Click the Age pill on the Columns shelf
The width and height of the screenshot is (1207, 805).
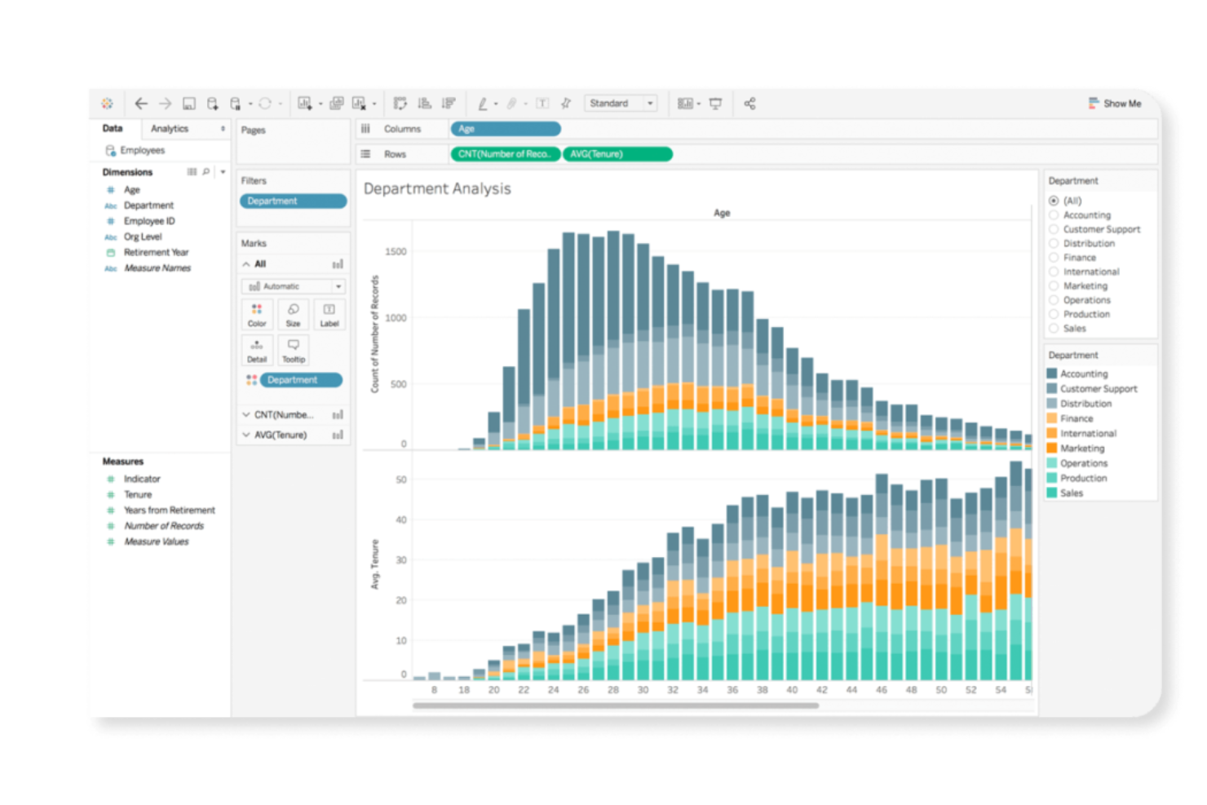[505, 129]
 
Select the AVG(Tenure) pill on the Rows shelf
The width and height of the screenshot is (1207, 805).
[617, 154]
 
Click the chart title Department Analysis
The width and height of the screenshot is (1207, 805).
[437, 189]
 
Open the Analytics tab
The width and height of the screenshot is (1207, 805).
[170, 129]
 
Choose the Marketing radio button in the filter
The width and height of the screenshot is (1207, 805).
[1054, 286]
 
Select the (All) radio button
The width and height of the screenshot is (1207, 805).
[1054, 201]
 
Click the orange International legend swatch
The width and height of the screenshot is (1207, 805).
[1052, 434]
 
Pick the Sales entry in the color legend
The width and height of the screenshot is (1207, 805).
[1071, 493]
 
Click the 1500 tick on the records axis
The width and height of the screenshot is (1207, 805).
[396, 252]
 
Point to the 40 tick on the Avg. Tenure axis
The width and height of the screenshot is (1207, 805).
[400, 520]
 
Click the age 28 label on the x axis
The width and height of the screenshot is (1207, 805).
[613, 690]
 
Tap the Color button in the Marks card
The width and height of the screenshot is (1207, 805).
[257, 314]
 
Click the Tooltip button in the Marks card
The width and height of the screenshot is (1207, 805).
[293, 350]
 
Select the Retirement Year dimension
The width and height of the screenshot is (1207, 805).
[156, 253]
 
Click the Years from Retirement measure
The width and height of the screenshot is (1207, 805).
[169, 511]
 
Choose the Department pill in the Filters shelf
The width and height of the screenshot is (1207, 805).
[293, 201]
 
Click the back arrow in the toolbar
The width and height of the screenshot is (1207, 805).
[141, 104]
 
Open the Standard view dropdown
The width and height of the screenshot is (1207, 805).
[621, 104]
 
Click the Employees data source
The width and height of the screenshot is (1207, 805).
[142, 151]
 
